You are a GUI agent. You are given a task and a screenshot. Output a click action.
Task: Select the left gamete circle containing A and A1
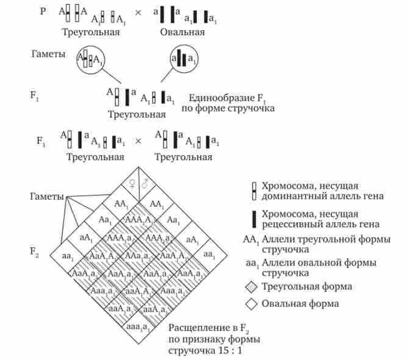point(90,59)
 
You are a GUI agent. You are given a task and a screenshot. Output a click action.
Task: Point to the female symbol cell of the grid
point(130,183)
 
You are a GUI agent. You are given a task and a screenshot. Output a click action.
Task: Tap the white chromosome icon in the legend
point(254,190)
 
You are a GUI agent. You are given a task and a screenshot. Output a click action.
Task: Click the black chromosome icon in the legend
point(254,219)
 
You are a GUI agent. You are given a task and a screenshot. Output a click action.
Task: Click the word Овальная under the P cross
point(182,31)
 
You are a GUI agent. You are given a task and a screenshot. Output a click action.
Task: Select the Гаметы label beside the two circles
point(48,53)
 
